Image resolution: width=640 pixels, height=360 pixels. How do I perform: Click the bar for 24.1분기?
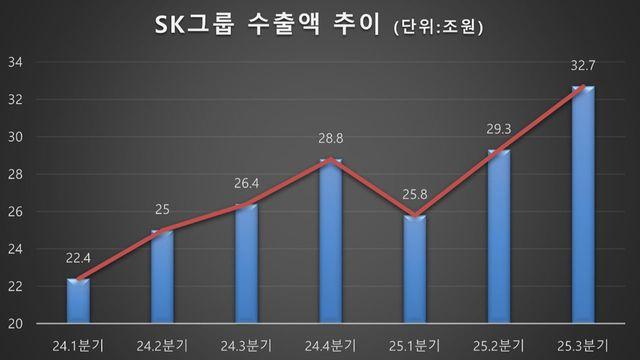coord(78,301)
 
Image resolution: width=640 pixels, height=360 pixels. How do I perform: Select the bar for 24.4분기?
coord(329,241)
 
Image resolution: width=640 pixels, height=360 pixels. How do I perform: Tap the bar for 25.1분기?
coord(414,269)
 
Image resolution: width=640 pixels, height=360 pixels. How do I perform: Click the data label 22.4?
coord(78,259)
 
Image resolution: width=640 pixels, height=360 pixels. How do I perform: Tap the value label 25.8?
coord(414,194)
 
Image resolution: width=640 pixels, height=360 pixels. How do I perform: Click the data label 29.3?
coord(497,128)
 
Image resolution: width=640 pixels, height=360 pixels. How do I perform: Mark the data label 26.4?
coord(245,183)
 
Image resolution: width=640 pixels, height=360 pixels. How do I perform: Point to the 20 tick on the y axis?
coord(17,324)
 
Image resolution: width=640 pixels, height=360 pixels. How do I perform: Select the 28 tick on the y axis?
coord(17,175)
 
